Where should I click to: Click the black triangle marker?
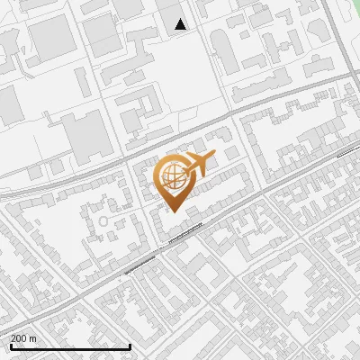point(181,24)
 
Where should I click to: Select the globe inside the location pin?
point(174,177)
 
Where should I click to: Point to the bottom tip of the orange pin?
point(172,211)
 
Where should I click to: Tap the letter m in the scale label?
point(34,338)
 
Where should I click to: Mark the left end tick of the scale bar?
point(10,346)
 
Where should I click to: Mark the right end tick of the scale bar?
point(130,346)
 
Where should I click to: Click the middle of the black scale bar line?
point(70,347)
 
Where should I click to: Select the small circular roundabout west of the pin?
point(103,220)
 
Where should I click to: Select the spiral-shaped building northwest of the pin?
point(135,112)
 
